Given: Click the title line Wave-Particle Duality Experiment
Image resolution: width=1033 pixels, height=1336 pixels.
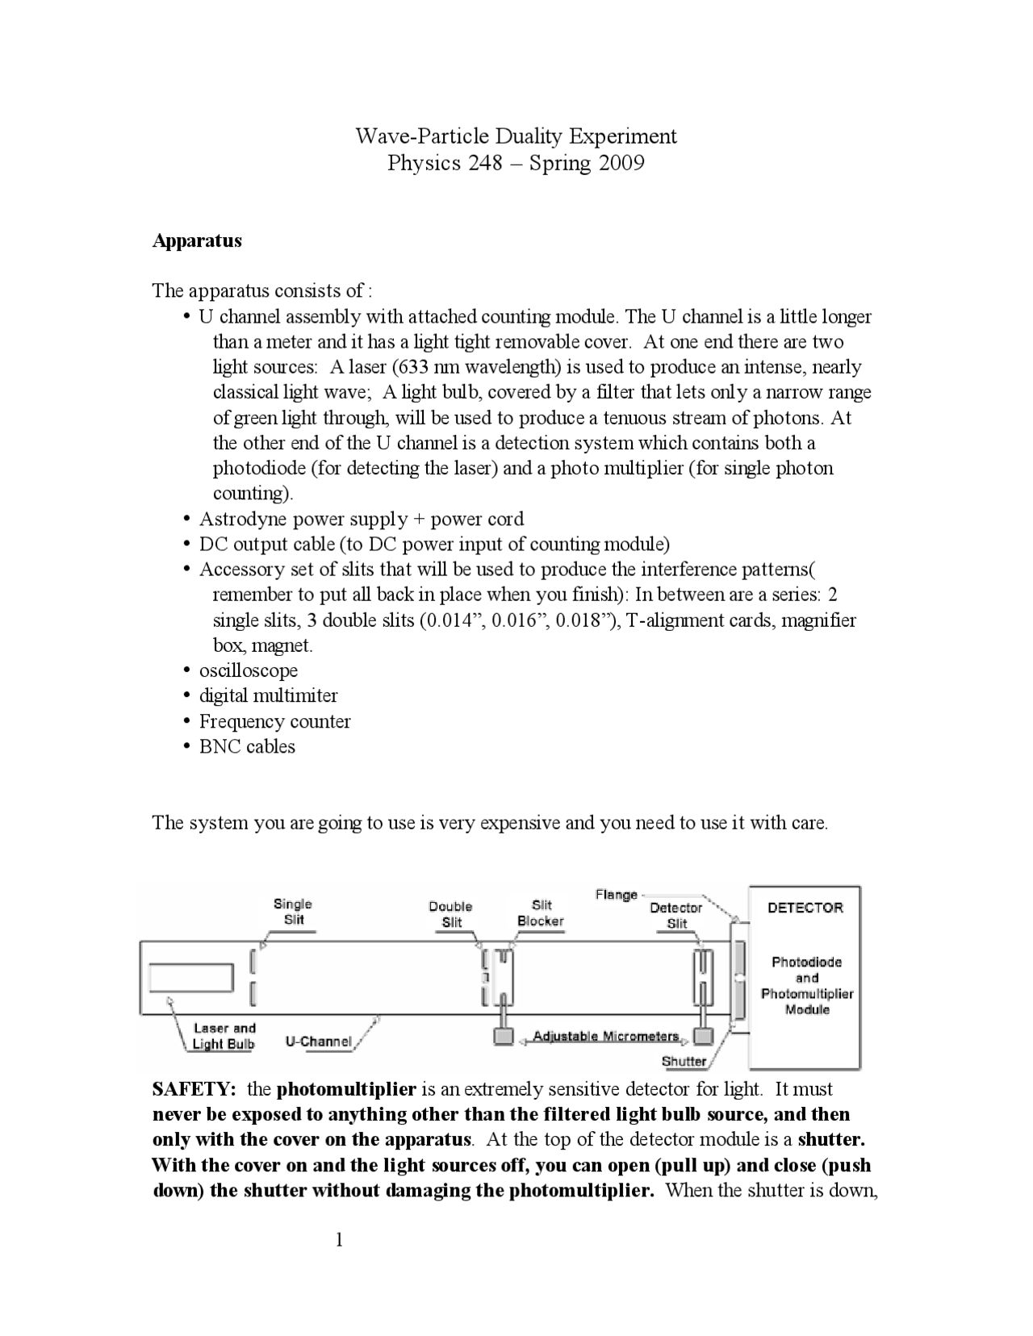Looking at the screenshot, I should click(516, 136).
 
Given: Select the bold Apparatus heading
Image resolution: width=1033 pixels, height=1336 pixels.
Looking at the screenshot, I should click(197, 240).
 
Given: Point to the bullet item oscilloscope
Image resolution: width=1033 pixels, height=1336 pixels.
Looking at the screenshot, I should click(249, 670).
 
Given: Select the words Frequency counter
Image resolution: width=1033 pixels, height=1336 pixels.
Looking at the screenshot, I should click(274, 721).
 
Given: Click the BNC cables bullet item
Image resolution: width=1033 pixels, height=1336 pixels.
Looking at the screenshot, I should click(247, 746).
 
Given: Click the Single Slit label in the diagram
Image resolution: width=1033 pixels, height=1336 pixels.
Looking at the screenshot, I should click(293, 912).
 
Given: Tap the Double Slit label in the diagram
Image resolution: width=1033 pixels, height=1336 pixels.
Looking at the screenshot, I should click(450, 914).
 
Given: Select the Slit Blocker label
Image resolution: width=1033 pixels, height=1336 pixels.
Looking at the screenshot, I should click(541, 913).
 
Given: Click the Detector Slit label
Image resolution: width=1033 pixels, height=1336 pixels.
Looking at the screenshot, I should click(676, 915).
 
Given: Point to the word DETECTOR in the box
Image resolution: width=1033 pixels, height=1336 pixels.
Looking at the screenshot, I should click(805, 908).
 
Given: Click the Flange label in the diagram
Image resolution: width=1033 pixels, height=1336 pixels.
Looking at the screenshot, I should click(616, 894).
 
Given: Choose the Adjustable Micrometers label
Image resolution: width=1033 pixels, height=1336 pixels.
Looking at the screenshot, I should click(606, 1037).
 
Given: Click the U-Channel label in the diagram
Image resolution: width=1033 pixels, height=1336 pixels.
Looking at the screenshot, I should click(319, 1042).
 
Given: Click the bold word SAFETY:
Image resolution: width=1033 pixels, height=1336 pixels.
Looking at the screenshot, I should click(194, 1089).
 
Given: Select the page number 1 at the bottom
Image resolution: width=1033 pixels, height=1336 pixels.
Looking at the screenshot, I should click(340, 1240).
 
